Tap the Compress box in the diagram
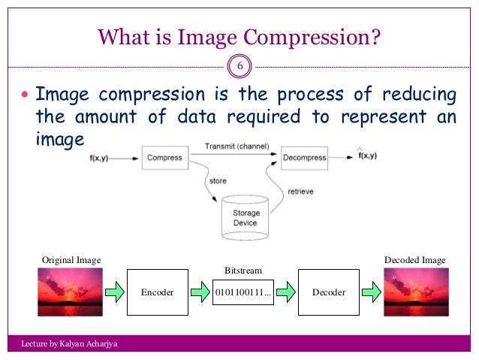[x=164, y=158]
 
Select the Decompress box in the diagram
[x=305, y=158]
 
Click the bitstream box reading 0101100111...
[x=242, y=292]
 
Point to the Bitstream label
[x=242, y=268]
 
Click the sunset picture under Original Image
[x=71, y=292]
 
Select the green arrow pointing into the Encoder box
[x=113, y=292]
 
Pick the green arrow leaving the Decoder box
[x=370, y=292]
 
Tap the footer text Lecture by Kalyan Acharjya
[x=70, y=344]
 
